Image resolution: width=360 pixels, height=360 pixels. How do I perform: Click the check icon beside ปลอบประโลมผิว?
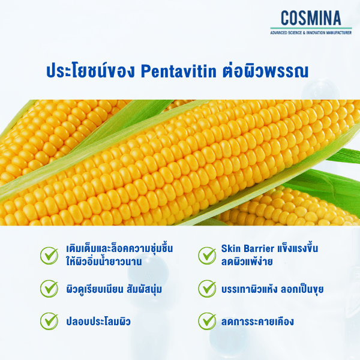pyautogui.click(x=49, y=320)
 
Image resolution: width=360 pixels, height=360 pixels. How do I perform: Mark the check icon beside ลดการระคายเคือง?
pyautogui.click(x=207, y=320)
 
